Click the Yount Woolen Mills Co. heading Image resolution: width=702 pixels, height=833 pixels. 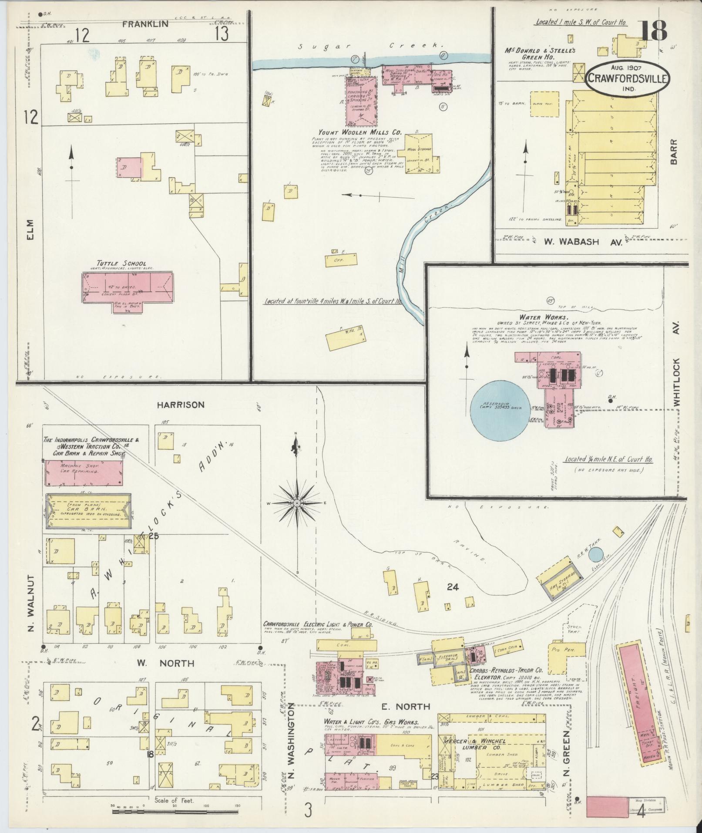coord(359,132)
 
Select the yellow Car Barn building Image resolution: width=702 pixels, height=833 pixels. coord(88,511)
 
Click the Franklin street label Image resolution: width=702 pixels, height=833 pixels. coord(145,24)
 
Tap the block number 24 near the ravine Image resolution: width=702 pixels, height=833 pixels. coord(453,587)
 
